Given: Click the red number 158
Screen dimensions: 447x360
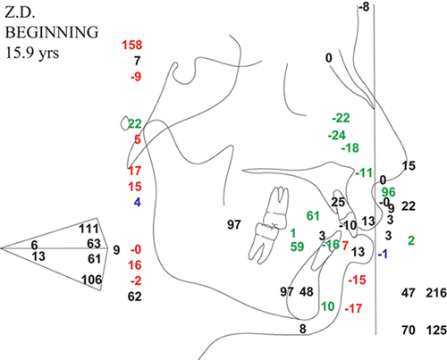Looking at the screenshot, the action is click(x=132, y=45).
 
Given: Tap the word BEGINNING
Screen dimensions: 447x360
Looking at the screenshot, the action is click(x=52, y=32).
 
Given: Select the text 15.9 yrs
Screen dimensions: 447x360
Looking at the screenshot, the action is click(x=32, y=53).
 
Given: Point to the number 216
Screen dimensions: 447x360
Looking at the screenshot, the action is click(x=436, y=293).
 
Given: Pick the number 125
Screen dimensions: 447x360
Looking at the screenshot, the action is click(x=436, y=331).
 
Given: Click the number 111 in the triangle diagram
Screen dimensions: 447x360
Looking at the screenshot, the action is click(x=89, y=229).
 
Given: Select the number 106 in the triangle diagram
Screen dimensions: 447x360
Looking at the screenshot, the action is click(x=92, y=280).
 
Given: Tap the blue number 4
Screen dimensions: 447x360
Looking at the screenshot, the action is click(x=137, y=203).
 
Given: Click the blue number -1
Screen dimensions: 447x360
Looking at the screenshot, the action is click(x=383, y=254).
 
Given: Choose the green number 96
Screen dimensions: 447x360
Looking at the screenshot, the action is click(x=389, y=192).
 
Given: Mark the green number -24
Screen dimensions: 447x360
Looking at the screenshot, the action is click(x=337, y=136).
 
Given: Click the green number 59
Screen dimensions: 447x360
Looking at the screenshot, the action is click(x=297, y=247).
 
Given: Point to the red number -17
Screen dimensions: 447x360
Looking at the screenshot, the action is click(x=353, y=308).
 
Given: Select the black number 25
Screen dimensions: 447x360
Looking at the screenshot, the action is click(x=338, y=203).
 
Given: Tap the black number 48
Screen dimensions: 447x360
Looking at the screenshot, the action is click(x=307, y=292).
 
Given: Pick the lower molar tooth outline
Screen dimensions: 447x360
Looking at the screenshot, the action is click(x=264, y=242).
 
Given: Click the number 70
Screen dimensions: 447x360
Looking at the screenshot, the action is click(x=408, y=331).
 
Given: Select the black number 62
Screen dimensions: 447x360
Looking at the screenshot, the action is click(x=134, y=297).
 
